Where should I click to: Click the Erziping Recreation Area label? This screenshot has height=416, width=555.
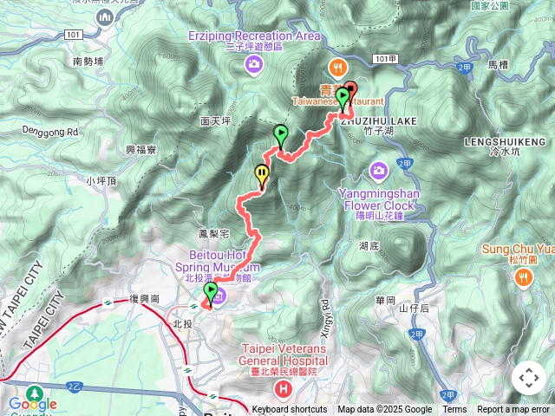click(254, 36)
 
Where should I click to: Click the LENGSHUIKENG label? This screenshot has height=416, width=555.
click(505, 141)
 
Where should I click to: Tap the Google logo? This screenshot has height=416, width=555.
click(32, 404)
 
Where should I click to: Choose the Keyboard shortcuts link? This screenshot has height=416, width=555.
click(290, 410)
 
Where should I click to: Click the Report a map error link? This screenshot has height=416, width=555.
click(514, 410)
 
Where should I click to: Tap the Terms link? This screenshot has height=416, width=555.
click(454, 410)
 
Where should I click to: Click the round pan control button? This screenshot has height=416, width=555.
click(528, 378)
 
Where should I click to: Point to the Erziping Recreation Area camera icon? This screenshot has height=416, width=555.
click(254, 63)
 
